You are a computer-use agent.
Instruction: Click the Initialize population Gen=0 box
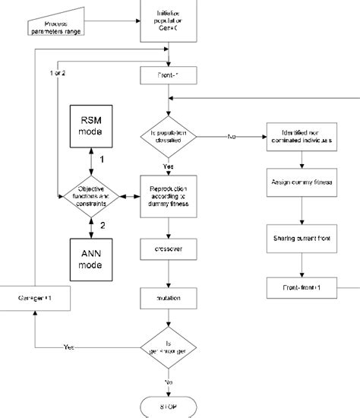[x=169, y=17]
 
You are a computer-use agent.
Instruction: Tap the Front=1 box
[x=169, y=74]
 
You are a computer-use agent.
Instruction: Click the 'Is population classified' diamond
[x=169, y=137]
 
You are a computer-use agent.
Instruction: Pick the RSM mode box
[x=91, y=125]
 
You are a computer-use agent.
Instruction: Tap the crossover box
[x=169, y=249]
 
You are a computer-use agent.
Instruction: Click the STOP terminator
[x=169, y=407]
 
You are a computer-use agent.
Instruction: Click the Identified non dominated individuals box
[x=302, y=137]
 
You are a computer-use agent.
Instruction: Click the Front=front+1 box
[x=302, y=288]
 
